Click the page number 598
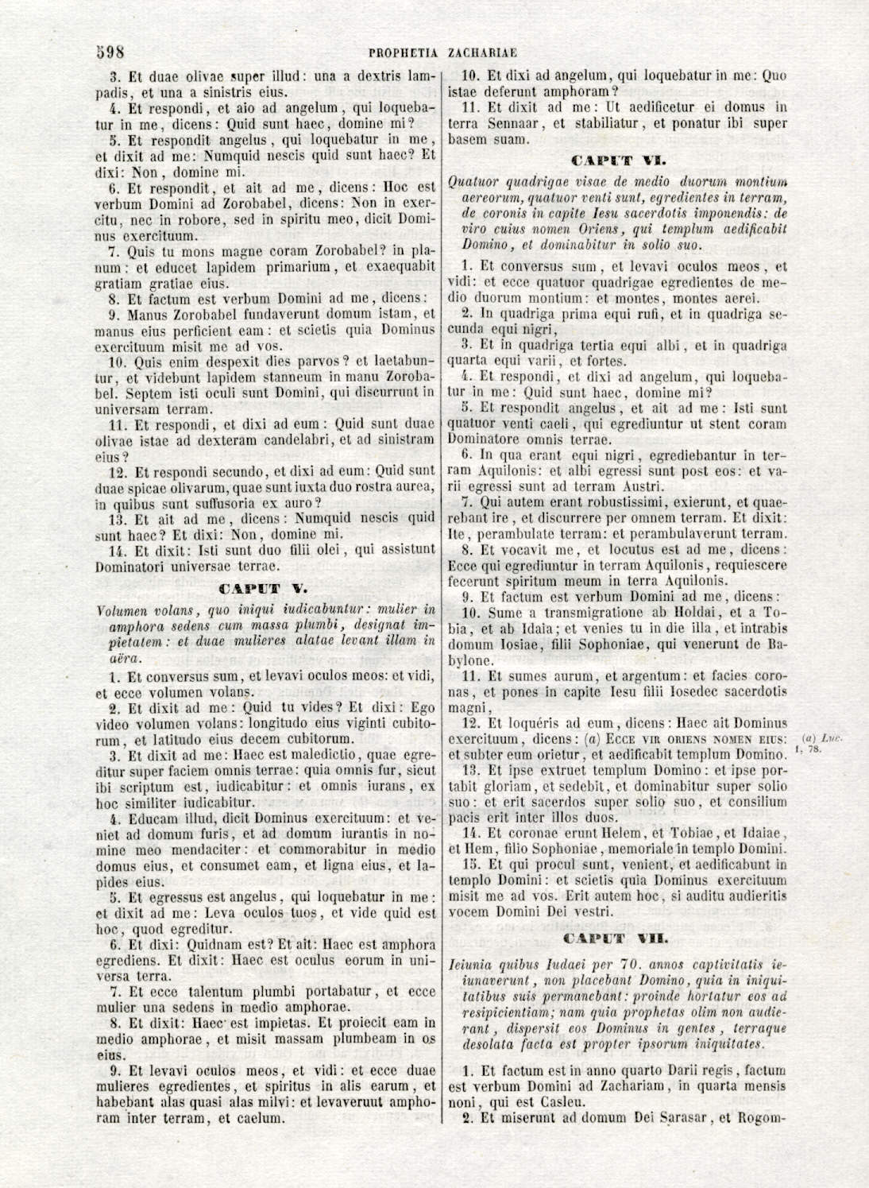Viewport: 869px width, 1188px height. point(110,52)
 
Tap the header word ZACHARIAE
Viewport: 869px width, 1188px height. point(482,53)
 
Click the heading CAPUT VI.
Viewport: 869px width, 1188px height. point(619,161)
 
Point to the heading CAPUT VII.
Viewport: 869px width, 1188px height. point(619,939)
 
